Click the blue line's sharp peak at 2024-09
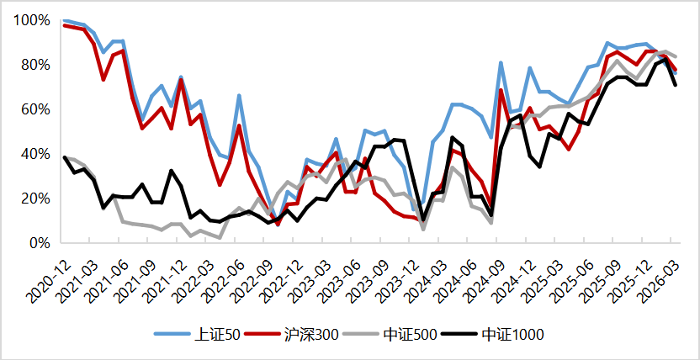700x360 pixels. pyautogui.click(x=501, y=62)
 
